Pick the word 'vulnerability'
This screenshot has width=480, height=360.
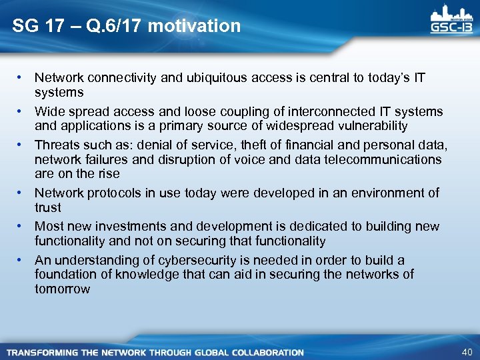[x=369, y=126]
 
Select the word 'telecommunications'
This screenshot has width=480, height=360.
[x=385, y=159]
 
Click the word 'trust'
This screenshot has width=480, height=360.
[x=48, y=208]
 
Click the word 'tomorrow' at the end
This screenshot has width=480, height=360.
[x=62, y=289]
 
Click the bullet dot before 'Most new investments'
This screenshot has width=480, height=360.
[x=22, y=227]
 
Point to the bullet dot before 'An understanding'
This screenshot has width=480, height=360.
[x=22, y=260]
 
